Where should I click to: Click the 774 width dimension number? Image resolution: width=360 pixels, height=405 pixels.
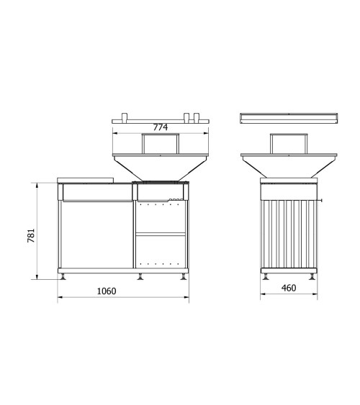161,127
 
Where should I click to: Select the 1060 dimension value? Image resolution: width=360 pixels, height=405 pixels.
106,291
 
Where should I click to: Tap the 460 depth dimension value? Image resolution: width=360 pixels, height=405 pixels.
288,288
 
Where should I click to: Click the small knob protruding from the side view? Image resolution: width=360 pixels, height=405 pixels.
322,200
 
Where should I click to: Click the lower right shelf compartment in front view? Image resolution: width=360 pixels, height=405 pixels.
161,251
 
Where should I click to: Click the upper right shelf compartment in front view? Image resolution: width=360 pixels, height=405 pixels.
161,217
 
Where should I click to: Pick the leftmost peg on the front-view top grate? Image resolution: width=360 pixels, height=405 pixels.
123,116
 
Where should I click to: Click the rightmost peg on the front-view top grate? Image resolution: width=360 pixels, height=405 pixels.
195,116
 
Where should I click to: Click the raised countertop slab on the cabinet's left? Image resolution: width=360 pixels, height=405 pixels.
86,180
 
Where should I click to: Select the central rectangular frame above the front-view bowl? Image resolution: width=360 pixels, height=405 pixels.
160,145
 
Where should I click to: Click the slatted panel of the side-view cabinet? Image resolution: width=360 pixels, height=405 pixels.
288,234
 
